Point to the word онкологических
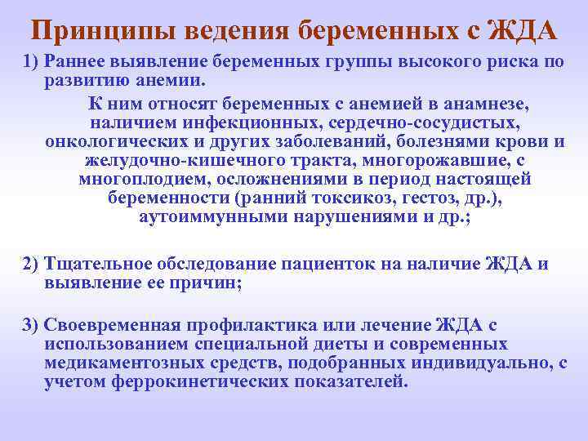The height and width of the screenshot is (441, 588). tap(106, 141)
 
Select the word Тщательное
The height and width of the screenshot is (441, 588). tap(96, 264)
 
